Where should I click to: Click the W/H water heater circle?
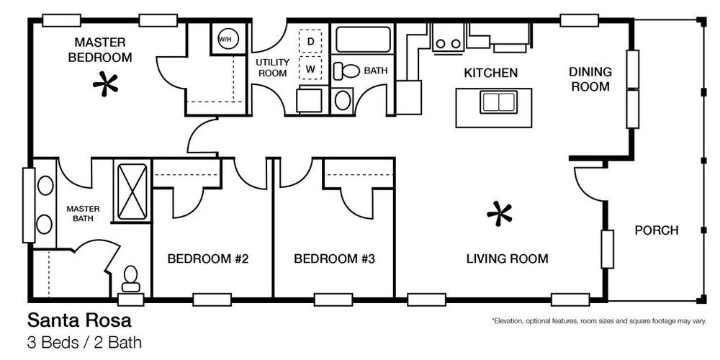point(225,40)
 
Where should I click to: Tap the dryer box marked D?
point(310,41)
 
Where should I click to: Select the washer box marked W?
point(310,69)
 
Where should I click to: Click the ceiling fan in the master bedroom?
point(106,84)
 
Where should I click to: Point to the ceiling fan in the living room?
point(499,214)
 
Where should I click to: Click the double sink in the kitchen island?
point(499,102)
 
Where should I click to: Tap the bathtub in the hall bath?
point(363,40)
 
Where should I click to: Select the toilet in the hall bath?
point(347,71)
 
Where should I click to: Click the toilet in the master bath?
point(131,278)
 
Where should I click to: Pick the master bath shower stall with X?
point(132,192)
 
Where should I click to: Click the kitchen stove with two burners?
point(448,37)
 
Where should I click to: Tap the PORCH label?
point(657,230)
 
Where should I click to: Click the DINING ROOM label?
point(590,79)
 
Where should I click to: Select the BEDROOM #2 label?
point(207,259)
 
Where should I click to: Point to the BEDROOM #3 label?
point(334,259)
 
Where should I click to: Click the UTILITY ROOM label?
point(273,68)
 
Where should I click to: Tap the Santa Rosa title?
point(79,320)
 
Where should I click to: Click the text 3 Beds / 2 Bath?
point(84,343)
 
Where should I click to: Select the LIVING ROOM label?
point(508,259)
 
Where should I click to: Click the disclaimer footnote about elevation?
point(599,321)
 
